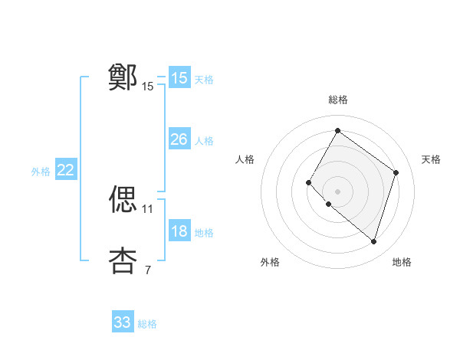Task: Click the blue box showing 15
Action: coord(179,78)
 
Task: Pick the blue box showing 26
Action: coord(179,139)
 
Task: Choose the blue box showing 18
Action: coord(179,231)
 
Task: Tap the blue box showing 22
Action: coord(66,170)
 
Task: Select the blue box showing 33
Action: coord(123,322)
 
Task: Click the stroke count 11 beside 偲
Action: coord(148,208)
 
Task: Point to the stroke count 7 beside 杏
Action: coord(148,270)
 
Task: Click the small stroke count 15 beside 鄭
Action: coord(148,87)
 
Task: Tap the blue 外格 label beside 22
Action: coord(41,172)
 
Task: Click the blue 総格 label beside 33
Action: coord(147,324)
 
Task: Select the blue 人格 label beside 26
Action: coord(204,141)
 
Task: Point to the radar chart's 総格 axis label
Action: coord(337,100)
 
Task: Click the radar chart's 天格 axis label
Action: coord(431,159)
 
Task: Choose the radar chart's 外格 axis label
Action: coord(270,263)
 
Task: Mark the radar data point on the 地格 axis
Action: coord(373,242)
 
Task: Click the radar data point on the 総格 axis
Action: coord(337,131)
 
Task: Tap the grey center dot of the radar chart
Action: coord(337,191)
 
